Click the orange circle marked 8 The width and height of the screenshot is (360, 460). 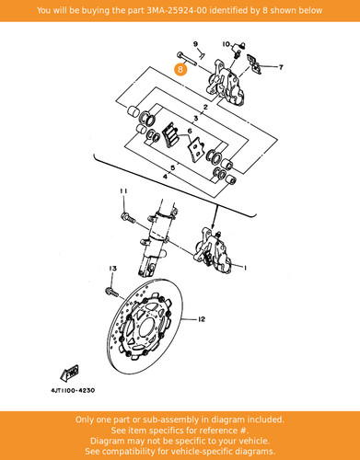tap(180, 69)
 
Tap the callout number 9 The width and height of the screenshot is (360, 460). tap(195, 44)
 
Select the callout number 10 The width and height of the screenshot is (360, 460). tap(226, 44)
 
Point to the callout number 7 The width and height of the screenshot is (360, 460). tap(281, 67)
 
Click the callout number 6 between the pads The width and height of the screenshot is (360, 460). tap(190, 131)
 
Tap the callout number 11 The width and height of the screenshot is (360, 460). tap(123, 191)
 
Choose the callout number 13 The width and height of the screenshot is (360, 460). tap(113, 269)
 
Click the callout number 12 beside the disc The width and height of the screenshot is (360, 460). tap(202, 319)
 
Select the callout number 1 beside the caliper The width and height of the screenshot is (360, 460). tap(245, 268)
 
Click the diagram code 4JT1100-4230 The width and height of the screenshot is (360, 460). tap(73, 390)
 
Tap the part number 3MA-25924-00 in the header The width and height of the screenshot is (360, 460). tap(177, 10)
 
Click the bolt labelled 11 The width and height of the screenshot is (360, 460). tap(128, 218)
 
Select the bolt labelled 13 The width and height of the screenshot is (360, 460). tap(111, 292)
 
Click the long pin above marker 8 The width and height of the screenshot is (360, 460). tap(186, 59)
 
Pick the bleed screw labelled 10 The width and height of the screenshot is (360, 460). tap(238, 51)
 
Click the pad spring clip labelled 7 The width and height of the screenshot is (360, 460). tap(254, 64)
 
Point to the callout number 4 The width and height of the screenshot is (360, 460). tap(165, 177)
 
